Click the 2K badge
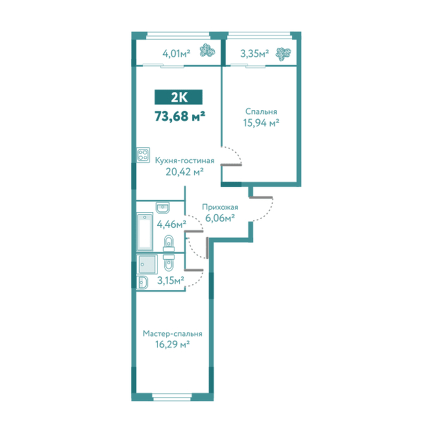tap(179, 97)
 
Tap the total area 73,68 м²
tap(180, 116)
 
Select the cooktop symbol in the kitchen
tap(143, 155)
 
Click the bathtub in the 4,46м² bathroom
tap(145, 231)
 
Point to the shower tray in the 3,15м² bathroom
tap(147, 264)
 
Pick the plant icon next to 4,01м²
tap(207, 51)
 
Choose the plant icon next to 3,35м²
tap(283, 54)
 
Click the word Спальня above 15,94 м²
tap(261, 112)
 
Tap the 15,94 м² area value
tap(261, 123)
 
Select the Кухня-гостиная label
tap(184, 160)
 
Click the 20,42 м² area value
tap(184, 172)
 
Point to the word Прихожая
tap(220, 207)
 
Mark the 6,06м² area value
tap(220, 218)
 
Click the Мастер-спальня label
tap(172, 334)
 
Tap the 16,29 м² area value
tap(172, 345)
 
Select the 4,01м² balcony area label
tap(177, 53)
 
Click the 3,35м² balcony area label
tap(254, 54)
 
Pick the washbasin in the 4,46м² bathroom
tap(163, 207)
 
